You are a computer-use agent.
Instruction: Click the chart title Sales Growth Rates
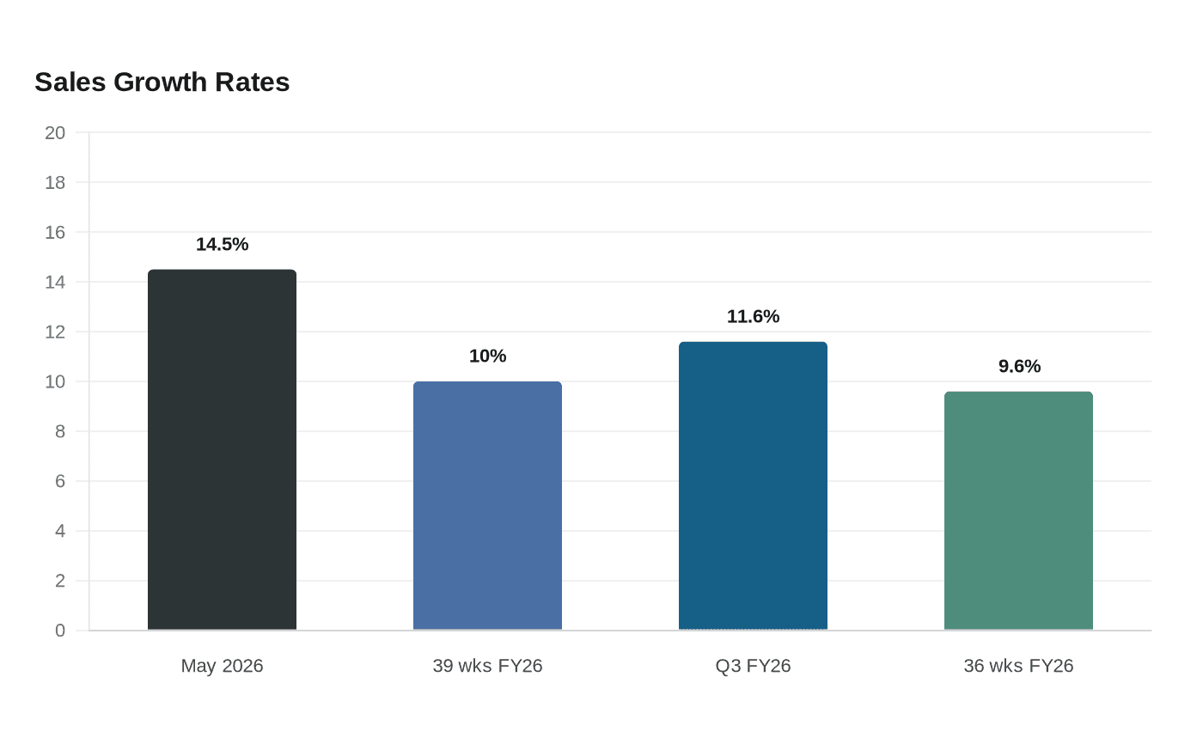[x=162, y=82]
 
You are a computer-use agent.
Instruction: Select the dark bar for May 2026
[x=222, y=449]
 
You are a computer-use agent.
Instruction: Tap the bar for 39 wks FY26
[x=488, y=505]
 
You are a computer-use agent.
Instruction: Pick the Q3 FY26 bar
[x=753, y=485]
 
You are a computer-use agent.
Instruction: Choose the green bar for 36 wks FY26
[x=1019, y=510]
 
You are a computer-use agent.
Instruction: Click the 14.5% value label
[x=222, y=244]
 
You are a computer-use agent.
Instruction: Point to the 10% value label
[x=488, y=356]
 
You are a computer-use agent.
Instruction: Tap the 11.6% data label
[x=753, y=316]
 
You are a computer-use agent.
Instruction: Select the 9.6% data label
[x=1019, y=366]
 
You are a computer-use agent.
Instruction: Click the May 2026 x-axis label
[x=222, y=666]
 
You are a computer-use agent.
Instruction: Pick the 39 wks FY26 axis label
[x=488, y=666]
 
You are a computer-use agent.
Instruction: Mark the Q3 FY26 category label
[x=753, y=666]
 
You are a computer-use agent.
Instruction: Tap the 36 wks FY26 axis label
[x=1019, y=666]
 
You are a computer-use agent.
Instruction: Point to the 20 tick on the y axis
[x=55, y=132]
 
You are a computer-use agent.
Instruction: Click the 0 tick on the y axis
[x=60, y=631]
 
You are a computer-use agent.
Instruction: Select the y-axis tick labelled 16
[x=55, y=233]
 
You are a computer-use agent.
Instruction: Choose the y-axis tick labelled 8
[x=60, y=431]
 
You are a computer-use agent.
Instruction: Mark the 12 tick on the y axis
[x=55, y=332]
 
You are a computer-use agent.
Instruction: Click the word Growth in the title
[x=160, y=82]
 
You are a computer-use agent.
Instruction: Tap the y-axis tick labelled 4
[x=60, y=531]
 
